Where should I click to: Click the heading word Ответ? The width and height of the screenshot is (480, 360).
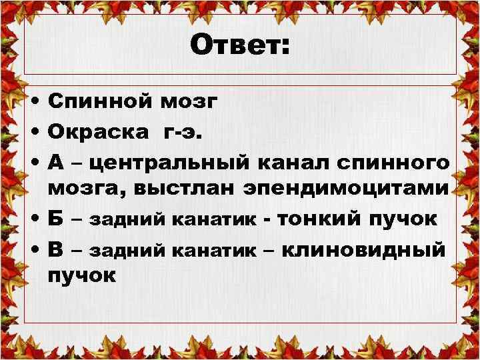click(x=240, y=46)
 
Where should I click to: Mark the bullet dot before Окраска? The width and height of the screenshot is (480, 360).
click(x=33, y=132)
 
